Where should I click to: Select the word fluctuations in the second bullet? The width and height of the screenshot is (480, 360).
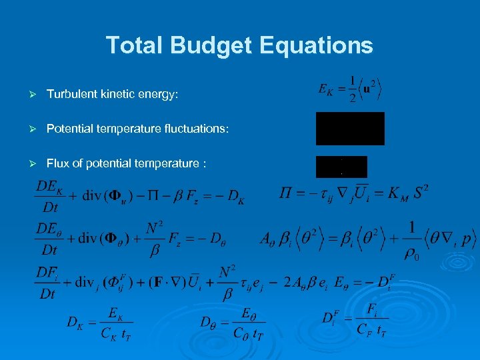click(x=197, y=128)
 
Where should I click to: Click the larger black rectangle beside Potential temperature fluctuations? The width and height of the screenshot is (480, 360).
click(x=350, y=128)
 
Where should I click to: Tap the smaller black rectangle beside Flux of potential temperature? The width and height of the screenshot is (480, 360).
click(x=341, y=166)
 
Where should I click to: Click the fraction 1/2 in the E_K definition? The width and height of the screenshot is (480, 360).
click(x=353, y=87)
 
